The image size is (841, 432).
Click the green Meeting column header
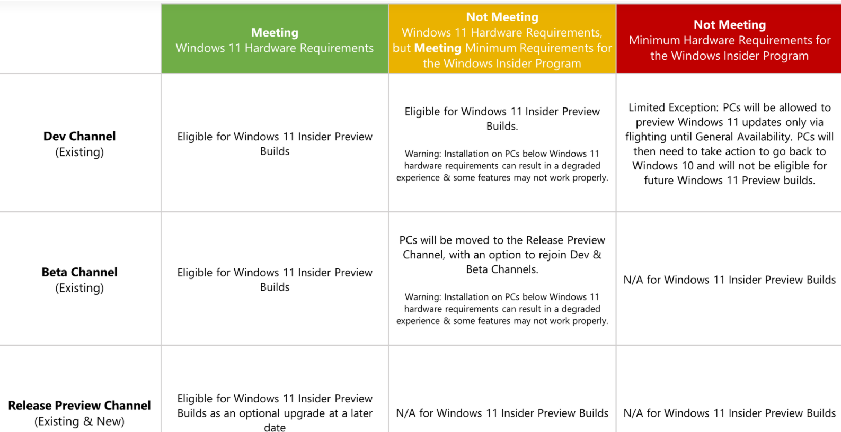275,39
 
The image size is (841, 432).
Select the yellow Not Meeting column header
502,39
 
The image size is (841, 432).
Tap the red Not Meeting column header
729,39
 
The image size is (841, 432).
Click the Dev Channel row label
79,144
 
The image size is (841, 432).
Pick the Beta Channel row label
79,280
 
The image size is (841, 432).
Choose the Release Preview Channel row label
79,413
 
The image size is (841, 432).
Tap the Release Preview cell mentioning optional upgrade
275,413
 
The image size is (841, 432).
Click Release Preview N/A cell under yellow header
502,413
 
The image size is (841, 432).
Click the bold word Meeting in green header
275,33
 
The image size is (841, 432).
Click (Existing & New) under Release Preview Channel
79,421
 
